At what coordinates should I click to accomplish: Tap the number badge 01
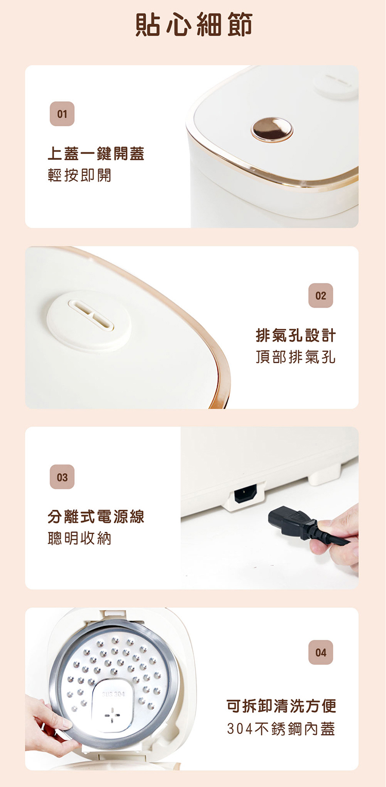(x=62, y=114)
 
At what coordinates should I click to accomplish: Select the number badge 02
(x=321, y=295)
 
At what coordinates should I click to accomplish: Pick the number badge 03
(x=62, y=477)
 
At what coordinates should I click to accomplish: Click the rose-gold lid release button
(x=272, y=130)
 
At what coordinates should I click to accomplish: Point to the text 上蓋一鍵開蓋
(x=96, y=153)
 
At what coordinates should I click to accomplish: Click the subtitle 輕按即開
(x=79, y=175)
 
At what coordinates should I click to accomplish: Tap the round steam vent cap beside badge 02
(x=89, y=320)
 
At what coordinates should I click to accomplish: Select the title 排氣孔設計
(x=295, y=335)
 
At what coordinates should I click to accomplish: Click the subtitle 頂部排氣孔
(x=295, y=357)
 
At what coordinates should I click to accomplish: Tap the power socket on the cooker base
(x=245, y=494)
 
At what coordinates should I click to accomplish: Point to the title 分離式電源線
(x=96, y=517)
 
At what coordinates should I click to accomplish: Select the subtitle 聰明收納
(x=79, y=538)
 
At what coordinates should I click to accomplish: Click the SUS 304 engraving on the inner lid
(x=113, y=694)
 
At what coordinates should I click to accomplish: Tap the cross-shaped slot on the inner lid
(x=112, y=716)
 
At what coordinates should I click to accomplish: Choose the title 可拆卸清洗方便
(x=281, y=706)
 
